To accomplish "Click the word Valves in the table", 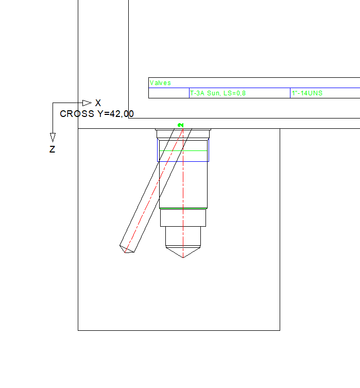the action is [160, 83].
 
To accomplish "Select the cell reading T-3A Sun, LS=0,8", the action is [218, 93].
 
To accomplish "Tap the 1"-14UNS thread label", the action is [307, 93].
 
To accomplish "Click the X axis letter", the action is [98, 103].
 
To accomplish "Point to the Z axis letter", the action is [52, 149].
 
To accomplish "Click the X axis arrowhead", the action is [87, 103].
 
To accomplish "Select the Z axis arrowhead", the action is [53, 138].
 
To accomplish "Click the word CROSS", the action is [77, 114].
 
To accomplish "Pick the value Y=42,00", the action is [116, 114].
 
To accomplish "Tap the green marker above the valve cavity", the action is [181, 125].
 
